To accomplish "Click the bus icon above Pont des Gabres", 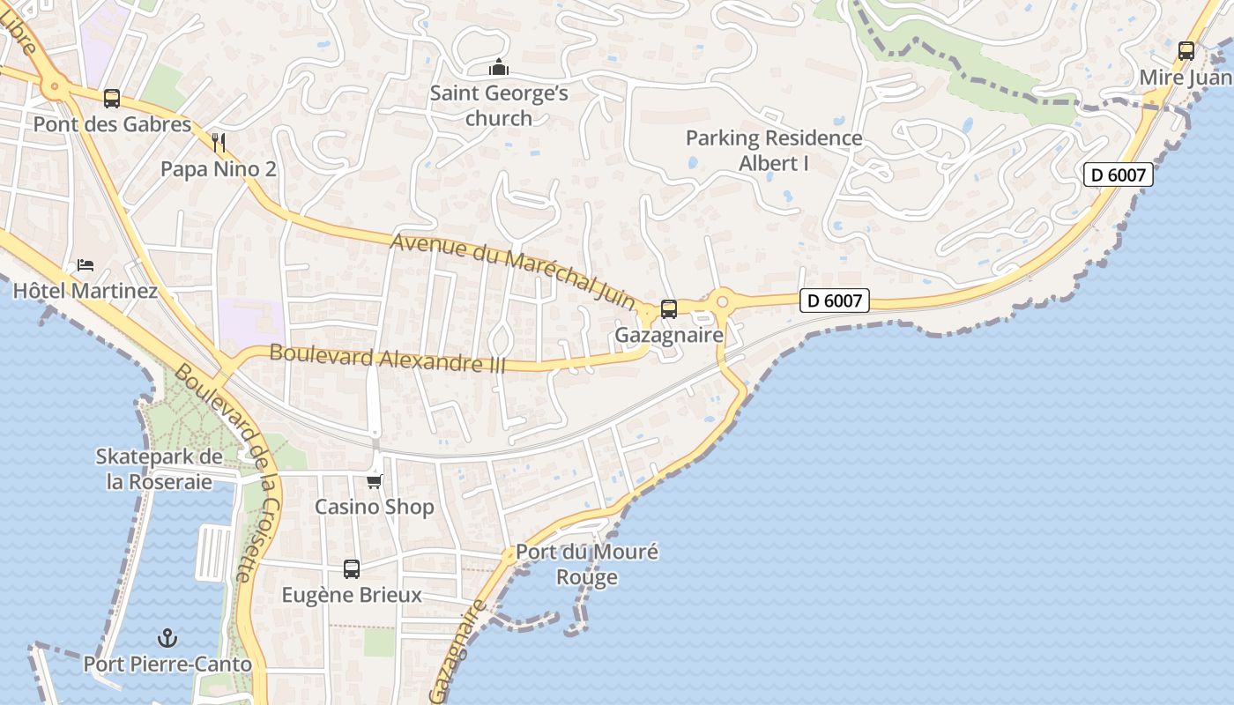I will [111, 99].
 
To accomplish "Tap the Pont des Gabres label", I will [112, 124].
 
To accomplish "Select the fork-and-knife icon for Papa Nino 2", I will [219, 143].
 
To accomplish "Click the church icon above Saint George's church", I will [499, 67].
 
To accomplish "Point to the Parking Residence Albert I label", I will [774, 151].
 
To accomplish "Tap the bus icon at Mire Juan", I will [1186, 51].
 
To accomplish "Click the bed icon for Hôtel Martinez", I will [85, 265].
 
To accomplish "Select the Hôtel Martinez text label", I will [85, 291].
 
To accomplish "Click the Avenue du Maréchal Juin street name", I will [513, 270].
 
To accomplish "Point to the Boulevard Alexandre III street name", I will [388, 359].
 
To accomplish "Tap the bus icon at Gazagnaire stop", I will [669, 309].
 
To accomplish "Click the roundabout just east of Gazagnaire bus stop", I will [722, 301].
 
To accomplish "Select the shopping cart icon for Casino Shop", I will [375, 481].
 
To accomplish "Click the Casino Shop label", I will [375, 507].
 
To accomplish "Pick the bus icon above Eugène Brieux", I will [352, 569].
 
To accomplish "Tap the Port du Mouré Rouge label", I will [587, 565].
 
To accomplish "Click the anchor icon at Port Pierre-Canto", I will [167, 638].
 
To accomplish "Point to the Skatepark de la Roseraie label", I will [159, 469].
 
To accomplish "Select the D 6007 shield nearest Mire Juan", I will [1118, 174].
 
